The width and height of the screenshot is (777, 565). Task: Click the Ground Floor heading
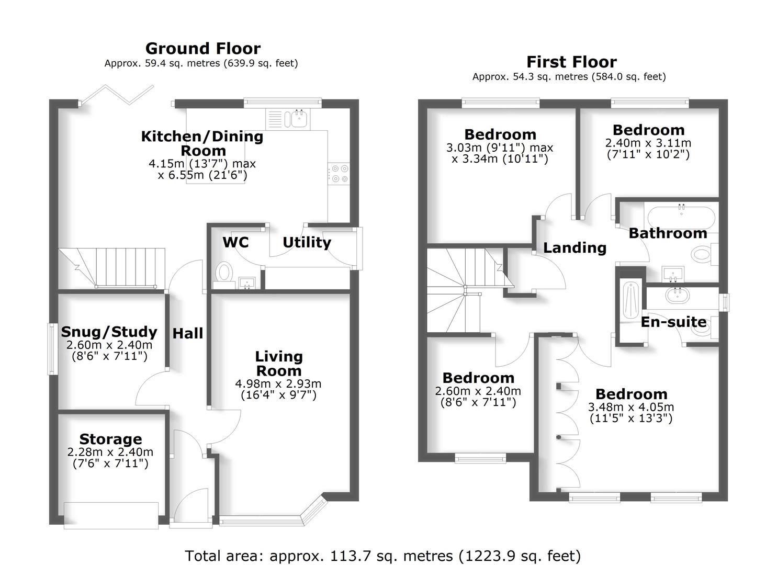pos(202,49)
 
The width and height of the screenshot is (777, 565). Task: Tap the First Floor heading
pos(571,62)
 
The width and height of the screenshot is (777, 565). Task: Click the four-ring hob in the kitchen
pos(339,174)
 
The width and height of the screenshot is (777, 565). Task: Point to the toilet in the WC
pos(224,273)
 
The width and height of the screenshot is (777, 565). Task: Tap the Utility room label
pos(307,243)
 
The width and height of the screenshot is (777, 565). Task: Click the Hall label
pos(188,333)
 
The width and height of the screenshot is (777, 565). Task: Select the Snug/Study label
pos(109,332)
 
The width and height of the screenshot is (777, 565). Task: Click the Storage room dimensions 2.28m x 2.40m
pos(110,452)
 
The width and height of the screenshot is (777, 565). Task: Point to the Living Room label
pos(278,364)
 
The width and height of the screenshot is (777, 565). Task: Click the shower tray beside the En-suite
pos(629,303)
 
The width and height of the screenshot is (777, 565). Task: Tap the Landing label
pos(575,247)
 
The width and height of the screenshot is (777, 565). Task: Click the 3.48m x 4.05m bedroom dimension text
pos(631,407)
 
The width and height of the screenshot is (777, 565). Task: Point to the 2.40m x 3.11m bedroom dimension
pos(648,143)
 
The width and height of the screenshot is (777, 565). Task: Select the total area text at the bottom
pos(382,556)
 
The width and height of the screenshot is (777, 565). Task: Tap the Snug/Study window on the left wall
pos(52,349)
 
